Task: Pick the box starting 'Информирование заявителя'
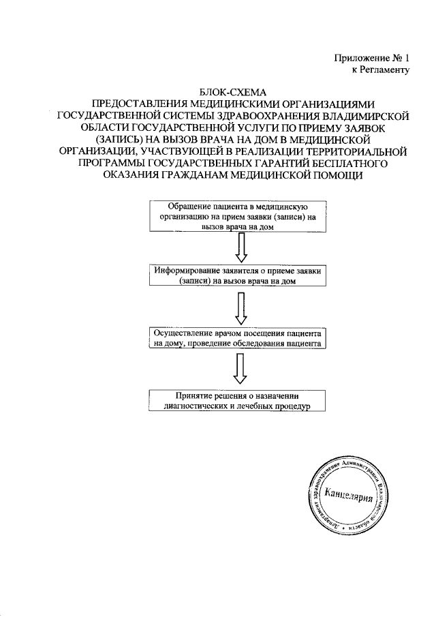237,275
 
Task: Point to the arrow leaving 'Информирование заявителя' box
239,308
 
